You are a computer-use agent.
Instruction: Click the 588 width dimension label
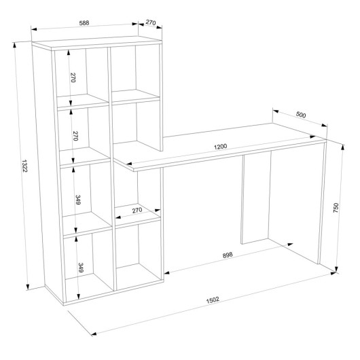84,23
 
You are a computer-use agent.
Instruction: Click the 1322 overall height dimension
24,166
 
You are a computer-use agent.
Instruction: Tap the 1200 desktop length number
220,147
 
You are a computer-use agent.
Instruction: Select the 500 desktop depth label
301,114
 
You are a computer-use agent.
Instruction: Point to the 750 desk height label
336,208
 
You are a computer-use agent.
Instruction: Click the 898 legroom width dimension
228,255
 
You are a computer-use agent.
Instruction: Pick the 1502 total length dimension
213,300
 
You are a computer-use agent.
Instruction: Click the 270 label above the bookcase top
151,22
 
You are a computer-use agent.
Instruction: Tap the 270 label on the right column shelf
137,210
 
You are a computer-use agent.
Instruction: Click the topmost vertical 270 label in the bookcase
73,77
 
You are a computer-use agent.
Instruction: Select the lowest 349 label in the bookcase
81,268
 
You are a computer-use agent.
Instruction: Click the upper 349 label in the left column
78,200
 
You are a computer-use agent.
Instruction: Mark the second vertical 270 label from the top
75,136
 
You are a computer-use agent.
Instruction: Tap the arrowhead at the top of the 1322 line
15,45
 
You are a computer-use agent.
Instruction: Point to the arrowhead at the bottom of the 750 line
337,269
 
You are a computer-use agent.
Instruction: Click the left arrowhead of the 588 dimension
34,29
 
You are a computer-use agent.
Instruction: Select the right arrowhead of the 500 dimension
325,125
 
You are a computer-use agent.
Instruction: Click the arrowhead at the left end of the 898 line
167,273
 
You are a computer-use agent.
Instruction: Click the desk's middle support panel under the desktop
256,198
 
